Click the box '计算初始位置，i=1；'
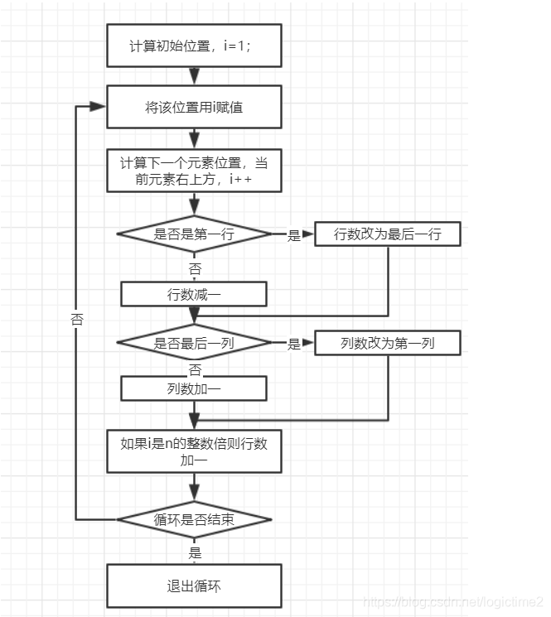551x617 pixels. pos(194,46)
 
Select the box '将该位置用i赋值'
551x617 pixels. pos(194,108)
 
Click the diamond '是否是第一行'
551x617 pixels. pos(194,234)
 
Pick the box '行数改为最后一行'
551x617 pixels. pos(387,234)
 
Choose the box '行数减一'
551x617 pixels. pos(194,294)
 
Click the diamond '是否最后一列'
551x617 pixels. pos(194,343)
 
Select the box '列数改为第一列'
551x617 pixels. pos(387,343)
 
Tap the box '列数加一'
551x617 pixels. pos(194,388)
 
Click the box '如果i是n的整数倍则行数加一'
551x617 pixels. pos(194,451)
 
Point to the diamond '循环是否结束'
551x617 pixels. pos(194,520)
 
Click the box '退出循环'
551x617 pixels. pos(194,586)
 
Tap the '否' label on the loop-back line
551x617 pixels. pos(77,319)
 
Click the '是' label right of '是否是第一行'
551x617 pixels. pos(293,236)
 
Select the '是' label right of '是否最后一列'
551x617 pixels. pos(293,345)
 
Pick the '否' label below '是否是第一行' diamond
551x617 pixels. pos(195,269)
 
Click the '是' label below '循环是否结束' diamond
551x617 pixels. pos(196,552)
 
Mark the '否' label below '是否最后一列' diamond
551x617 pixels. pos(195,369)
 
